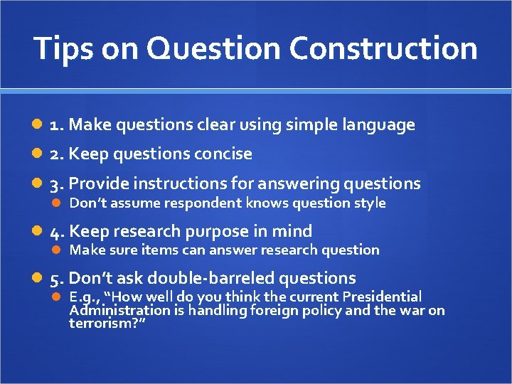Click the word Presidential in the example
click(x=382, y=297)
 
